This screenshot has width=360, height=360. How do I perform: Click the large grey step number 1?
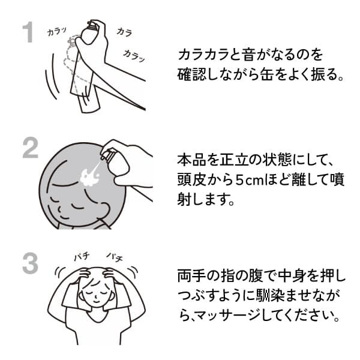pyautogui.click(x=28, y=32)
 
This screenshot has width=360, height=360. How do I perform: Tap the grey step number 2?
pyautogui.click(x=31, y=148)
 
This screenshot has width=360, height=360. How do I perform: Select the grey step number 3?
pyautogui.click(x=31, y=263)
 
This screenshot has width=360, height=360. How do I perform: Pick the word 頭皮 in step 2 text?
pyautogui.click(x=192, y=179)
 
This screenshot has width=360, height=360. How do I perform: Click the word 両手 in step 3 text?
pyautogui.click(x=192, y=275)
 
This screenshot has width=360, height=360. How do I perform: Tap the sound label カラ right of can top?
pyautogui.click(x=124, y=32)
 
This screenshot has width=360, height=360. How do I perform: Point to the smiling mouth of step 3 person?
pyautogui.click(x=96, y=301)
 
